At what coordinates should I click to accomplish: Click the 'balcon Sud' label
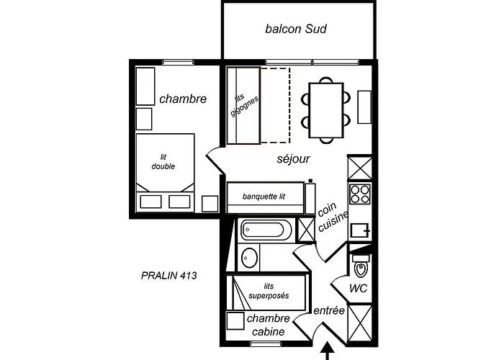tap(296, 29)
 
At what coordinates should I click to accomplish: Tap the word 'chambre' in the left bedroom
tap(183, 99)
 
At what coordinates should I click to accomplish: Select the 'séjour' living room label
tap(294, 159)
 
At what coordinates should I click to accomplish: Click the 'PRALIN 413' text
tap(169, 276)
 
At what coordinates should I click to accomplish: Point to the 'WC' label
tap(358, 288)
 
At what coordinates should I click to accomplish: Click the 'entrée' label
tap(329, 310)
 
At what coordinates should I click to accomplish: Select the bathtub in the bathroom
tap(266, 230)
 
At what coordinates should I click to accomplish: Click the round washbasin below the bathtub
tap(250, 258)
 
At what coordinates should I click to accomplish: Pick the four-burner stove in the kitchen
tap(360, 194)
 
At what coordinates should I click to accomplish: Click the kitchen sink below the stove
tap(360, 230)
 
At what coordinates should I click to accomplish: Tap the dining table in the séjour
tap(326, 110)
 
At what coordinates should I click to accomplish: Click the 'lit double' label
tap(163, 162)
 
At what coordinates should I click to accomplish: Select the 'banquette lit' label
tap(264, 197)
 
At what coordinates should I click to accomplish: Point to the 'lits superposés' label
tap(269, 291)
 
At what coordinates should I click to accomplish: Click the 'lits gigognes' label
tap(244, 105)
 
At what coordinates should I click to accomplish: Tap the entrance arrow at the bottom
tap(328, 351)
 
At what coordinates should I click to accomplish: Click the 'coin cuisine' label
tap(333, 216)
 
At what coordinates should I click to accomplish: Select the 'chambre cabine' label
tap(269, 325)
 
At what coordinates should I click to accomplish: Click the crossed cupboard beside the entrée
tap(360, 324)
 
